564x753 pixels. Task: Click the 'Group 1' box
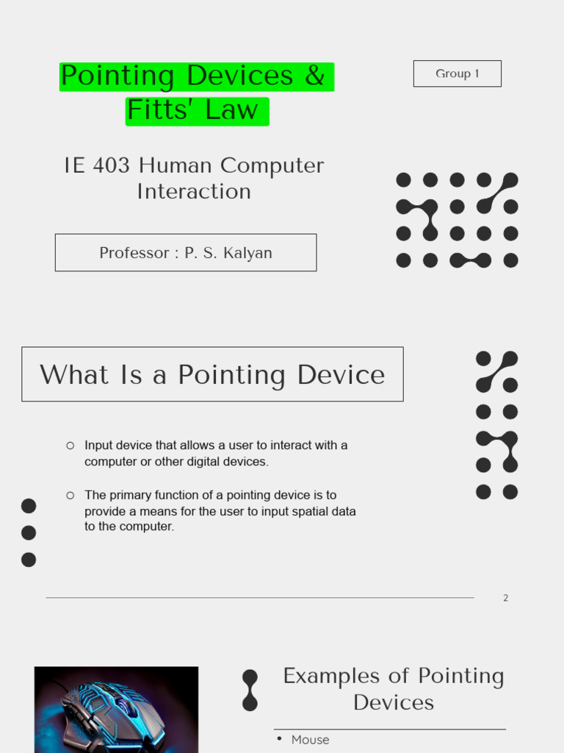click(457, 74)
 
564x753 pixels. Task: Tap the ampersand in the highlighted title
click(314, 76)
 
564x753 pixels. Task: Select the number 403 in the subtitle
click(114, 165)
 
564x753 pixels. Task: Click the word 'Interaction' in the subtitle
click(194, 191)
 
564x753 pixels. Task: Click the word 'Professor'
click(134, 253)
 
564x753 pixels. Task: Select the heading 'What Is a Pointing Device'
click(212, 374)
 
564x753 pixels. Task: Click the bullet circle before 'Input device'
click(70, 445)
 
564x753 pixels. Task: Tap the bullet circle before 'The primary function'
click(70, 495)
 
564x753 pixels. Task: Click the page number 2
click(505, 598)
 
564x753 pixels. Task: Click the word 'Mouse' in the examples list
click(310, 740)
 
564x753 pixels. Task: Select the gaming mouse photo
click(116, 710)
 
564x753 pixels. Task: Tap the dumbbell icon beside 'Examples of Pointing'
click(250, 690)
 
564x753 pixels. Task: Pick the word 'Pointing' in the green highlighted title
click(117, 76)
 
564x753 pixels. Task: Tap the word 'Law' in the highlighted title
click(232, 110)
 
